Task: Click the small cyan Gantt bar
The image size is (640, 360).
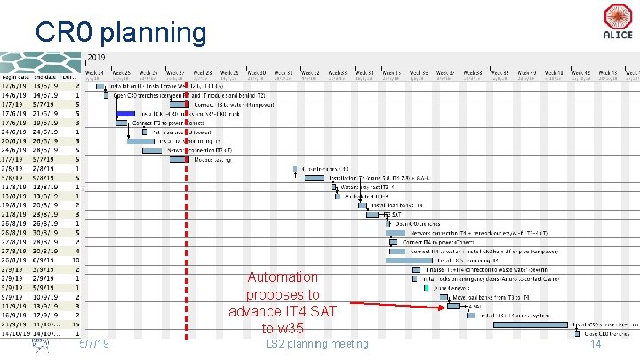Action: (x=428, y=288)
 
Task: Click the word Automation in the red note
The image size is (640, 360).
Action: (x=283, y=277)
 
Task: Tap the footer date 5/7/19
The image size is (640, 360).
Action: (x=93, y=344)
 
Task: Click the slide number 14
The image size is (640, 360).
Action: (x=596, y=344)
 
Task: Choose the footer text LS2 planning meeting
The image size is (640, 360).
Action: (x=316, y=344)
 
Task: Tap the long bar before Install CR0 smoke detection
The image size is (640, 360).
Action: (x=532, y=324)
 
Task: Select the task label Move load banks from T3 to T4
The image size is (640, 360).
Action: (x=492, y=297)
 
